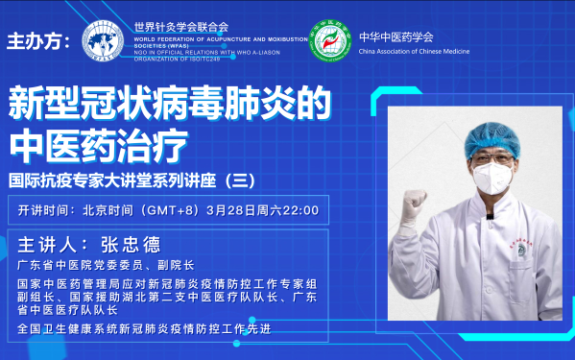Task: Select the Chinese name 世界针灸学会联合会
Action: pyautogui.click(x=182, y=27)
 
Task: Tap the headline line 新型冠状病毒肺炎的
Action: pyautogui.click(x=171, y=102)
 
